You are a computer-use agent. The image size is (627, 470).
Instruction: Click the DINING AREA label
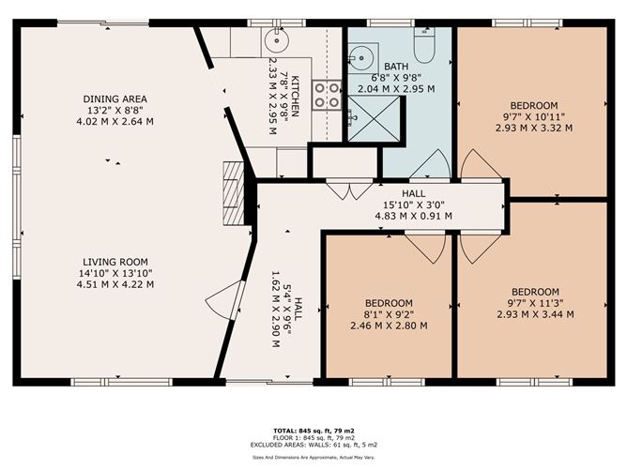point(115,99)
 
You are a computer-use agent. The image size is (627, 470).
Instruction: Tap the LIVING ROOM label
point(115,262)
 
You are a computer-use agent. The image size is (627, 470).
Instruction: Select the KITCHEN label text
point(295,96)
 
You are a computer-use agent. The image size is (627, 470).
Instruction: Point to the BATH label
point(396,67)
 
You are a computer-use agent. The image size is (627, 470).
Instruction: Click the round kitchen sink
point(276,40)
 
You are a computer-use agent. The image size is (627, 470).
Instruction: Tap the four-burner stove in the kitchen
point(327,95)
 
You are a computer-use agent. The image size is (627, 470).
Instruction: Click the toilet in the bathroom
point(424,45)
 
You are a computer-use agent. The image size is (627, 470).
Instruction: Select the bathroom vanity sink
point(362,58)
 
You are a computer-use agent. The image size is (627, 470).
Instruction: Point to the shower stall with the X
point(375,119)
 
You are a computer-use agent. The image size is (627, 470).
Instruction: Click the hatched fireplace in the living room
point(234,193)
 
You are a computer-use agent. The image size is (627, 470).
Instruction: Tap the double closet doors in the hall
point(349,190)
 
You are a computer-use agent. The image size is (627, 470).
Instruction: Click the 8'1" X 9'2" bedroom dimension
point(390,314)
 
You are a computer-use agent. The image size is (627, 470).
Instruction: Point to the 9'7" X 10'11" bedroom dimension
point(534,116)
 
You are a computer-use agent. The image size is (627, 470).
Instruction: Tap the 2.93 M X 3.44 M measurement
point(535,314)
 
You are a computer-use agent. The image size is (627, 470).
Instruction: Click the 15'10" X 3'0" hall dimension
point(414,205)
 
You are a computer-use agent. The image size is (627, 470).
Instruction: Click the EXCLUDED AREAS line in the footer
point(313,445)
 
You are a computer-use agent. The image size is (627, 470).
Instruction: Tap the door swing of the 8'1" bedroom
point(425,248)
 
